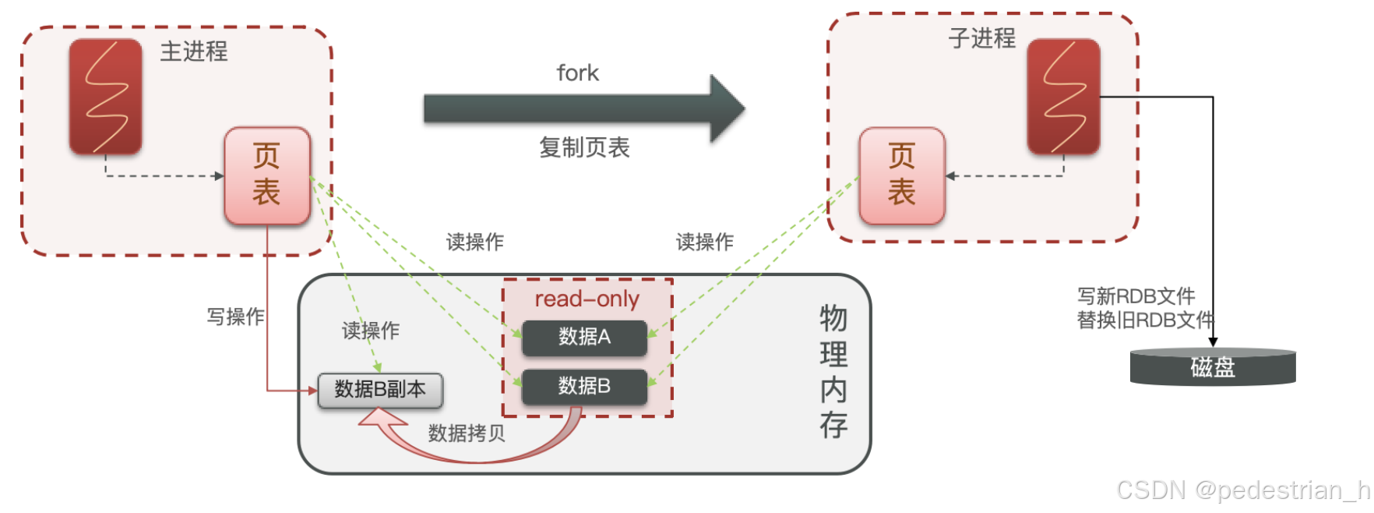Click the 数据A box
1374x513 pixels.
click(584, 338)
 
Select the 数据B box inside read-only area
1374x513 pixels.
click(584, 386)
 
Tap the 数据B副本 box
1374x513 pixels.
click(380, 390)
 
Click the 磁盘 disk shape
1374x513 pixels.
click(1213, 367)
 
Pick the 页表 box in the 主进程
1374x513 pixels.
click(267, 175)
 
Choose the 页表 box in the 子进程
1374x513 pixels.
click(902, 175)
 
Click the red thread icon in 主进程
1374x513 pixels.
click(106, 97)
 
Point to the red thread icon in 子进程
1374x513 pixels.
click(1063, 97)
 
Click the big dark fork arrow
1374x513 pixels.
click(584, 109)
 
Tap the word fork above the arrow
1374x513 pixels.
click(577, 73)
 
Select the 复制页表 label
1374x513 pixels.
click(584, 147)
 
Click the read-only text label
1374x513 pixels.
click(587, 299)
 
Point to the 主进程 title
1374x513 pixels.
click(194, 51)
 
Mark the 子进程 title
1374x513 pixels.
click(981, 38)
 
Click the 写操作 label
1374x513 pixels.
click(235, 317)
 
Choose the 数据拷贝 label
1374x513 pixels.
click(467, 433)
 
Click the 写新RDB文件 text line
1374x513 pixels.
click(1136, 296)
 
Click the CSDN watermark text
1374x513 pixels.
click(1242, 490)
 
